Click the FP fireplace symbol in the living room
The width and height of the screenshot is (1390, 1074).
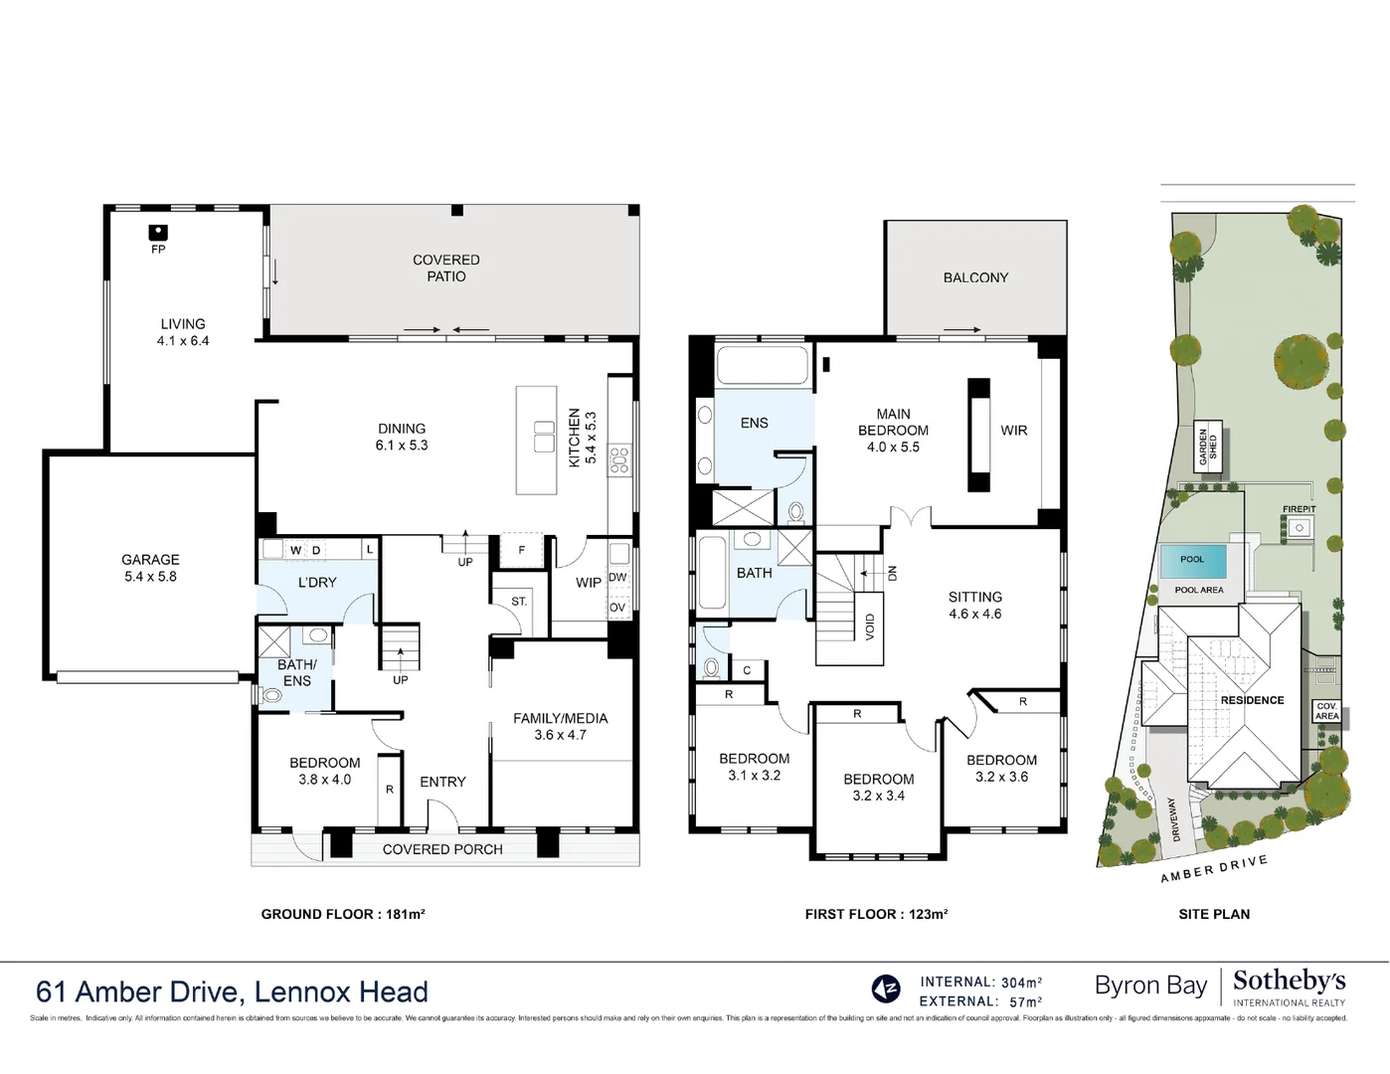coord(158,233)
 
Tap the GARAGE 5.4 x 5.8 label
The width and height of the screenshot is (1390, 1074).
coord(150,568)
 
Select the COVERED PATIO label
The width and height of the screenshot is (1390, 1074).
coord(445,268)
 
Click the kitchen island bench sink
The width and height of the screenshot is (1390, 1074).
coord(544,437)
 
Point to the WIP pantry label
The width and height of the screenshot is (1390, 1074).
coord(589,583)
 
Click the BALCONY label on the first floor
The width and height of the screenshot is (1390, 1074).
coord(975,277)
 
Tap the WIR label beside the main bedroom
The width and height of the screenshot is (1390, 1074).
coord(1014,431)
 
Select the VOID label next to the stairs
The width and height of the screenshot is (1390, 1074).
coord(870,626)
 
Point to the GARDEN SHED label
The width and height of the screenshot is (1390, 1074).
coord(1207,447)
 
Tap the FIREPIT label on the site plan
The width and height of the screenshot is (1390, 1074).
coord(1299,509)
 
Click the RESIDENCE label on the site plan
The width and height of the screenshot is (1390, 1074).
coord(1252,700)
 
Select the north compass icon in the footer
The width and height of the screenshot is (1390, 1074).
coord(885,988)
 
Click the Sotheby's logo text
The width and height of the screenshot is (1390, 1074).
coord(1289,982)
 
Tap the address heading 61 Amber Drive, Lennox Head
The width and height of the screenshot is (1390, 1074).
coord(232,991)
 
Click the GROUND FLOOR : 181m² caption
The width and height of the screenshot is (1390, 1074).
coord(343,914)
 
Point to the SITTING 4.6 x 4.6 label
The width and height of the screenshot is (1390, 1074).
coord(974,606)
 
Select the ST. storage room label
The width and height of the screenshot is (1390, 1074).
coord(519,602)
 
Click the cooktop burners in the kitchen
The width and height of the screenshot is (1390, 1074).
coord(619,459)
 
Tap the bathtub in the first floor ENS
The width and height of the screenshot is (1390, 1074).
coord(763,365)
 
